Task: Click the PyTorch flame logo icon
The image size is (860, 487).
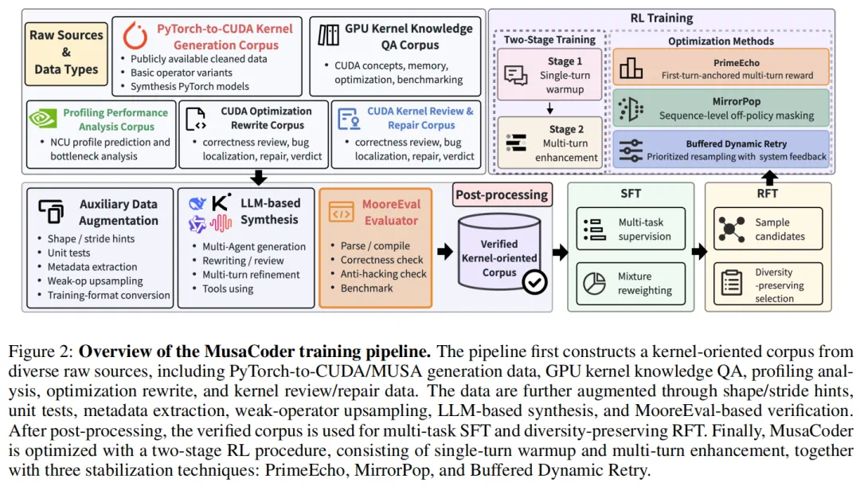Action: (135, 35)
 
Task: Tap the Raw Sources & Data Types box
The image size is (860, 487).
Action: (66, 53)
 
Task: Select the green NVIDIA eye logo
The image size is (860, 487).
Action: (43, 118)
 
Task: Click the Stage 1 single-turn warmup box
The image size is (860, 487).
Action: (549, 75)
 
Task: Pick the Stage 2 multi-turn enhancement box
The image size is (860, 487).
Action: (549, 143)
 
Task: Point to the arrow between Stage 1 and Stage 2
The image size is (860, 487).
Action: (549, 108)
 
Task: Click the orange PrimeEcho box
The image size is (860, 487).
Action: (721, 67)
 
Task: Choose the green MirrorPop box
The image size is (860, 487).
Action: (721, 108)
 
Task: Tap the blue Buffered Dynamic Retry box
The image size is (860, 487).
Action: (721, 149)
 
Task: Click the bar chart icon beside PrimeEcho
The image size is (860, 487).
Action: (631, 68)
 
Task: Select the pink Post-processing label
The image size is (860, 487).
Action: (502, 194)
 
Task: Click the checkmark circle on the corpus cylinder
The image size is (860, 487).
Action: (534, 282)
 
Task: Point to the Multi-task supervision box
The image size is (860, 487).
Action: (631, 229)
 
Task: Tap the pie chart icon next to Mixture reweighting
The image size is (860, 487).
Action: (594, 283)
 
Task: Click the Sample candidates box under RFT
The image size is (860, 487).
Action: (768, 229)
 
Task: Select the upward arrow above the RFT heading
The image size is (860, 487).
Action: (769, 178)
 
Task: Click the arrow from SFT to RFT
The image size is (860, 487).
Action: (699, 252)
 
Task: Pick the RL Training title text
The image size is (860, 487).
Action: (662, 18)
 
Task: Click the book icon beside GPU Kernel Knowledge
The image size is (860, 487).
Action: (329, 35)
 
